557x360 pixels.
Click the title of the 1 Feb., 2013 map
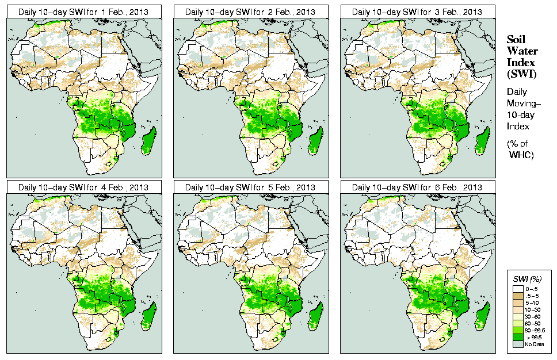[83, 12]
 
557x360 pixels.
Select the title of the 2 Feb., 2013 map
[250, 12]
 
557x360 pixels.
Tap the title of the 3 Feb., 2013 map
[417, 12]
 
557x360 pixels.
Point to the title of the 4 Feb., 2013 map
[83, 187]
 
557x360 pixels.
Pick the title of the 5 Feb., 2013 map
[250, 187]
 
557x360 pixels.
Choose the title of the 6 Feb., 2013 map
[417, 187]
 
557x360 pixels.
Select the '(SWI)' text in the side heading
[520, 74]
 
